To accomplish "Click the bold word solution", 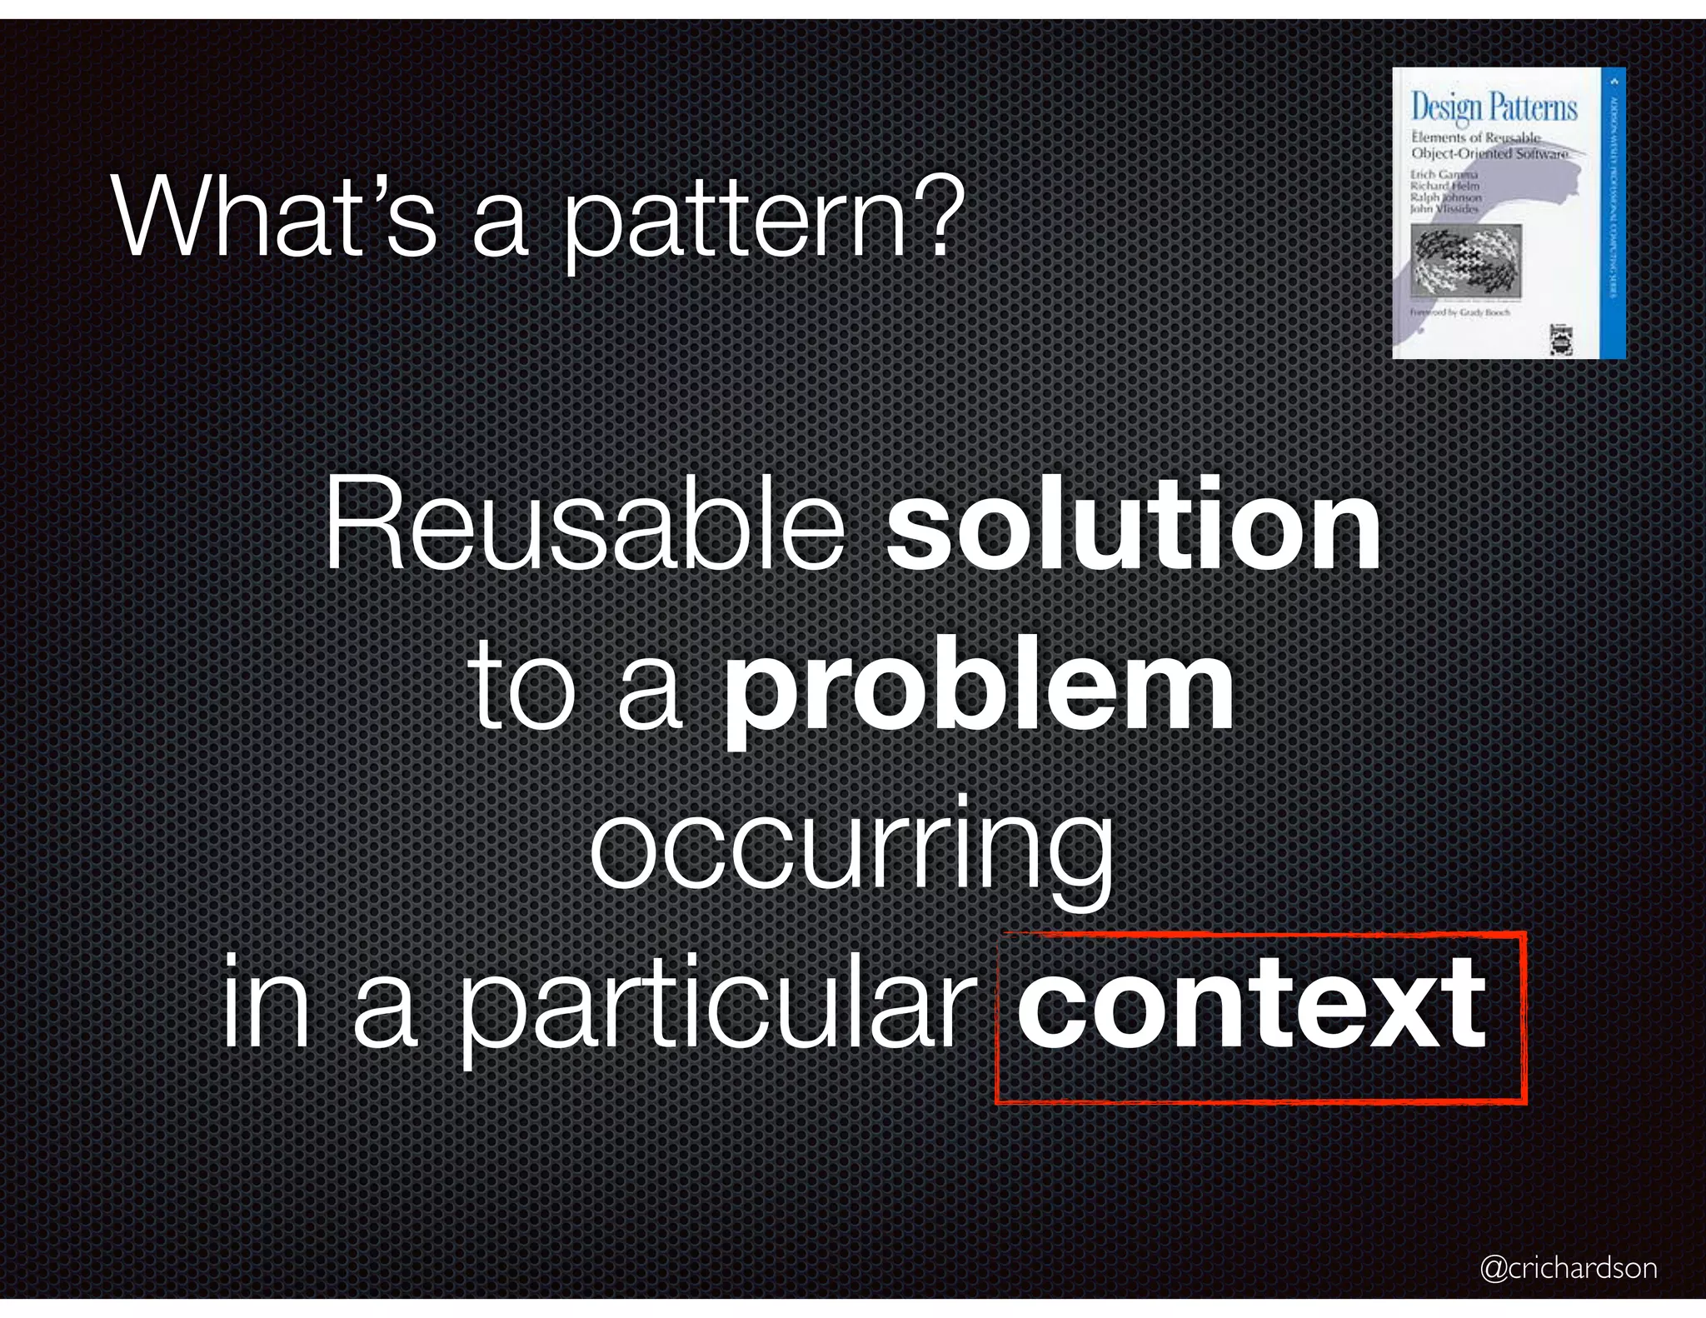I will tap(1133, 525).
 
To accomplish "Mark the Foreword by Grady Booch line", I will tap(1459, 312).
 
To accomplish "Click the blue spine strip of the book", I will tap(1614, 212).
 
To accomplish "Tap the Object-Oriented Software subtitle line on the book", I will tap(1489, 154).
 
